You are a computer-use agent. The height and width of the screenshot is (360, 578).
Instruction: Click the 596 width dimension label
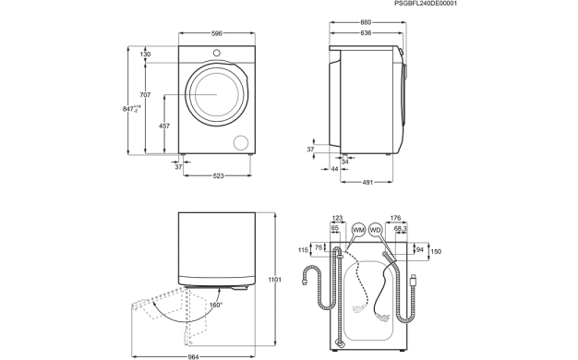(217, 33)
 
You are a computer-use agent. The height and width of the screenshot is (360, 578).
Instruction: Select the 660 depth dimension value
(366, 22)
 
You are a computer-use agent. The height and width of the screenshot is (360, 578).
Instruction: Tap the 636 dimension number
(366, 33)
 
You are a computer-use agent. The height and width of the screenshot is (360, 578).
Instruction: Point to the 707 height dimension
(145, 95)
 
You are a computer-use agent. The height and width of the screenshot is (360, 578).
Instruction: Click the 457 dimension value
(164, 126)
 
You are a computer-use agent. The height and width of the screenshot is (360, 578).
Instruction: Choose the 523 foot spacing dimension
(218, 176)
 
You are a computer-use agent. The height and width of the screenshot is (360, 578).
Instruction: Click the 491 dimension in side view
(367, 182)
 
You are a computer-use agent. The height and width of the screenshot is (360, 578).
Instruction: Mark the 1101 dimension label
(274, 280)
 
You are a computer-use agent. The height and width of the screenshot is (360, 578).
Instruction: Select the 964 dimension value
(193, 356)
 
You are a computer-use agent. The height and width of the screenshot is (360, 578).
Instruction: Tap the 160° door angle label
(216, 305)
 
